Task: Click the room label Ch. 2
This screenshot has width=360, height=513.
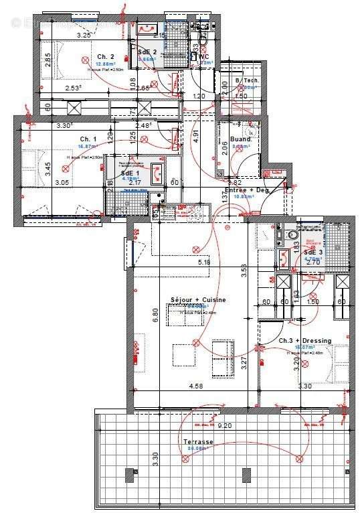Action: tap(105, 56)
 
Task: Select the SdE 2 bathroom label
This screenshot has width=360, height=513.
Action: tap(147, 52)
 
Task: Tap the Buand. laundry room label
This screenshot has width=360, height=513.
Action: tap(240, 139)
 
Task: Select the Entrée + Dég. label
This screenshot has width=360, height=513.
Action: tap(247, 190)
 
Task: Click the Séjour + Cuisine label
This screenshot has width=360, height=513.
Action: tap(197, 299)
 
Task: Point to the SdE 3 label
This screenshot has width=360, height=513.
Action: tap(314, 252)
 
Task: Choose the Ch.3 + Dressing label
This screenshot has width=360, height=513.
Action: tap(304, 340)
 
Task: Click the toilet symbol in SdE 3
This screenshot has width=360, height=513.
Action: tap(290, 236)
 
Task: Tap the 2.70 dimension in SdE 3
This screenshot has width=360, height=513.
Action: tap(313, 263)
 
